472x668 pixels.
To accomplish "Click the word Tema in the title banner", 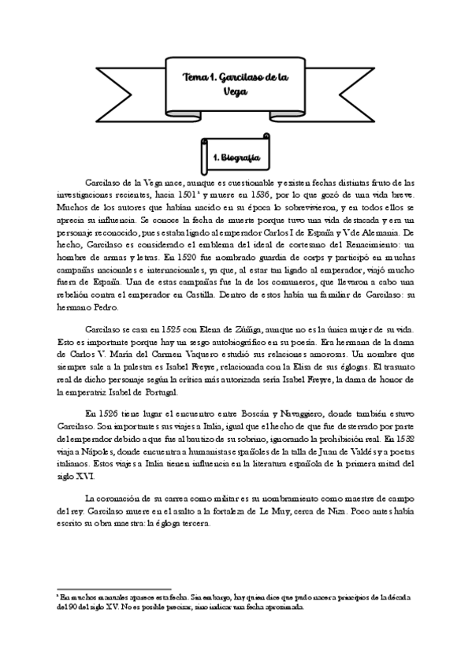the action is (x=195, y=77).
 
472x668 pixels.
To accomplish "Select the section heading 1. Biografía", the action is (x=237, y=158).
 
